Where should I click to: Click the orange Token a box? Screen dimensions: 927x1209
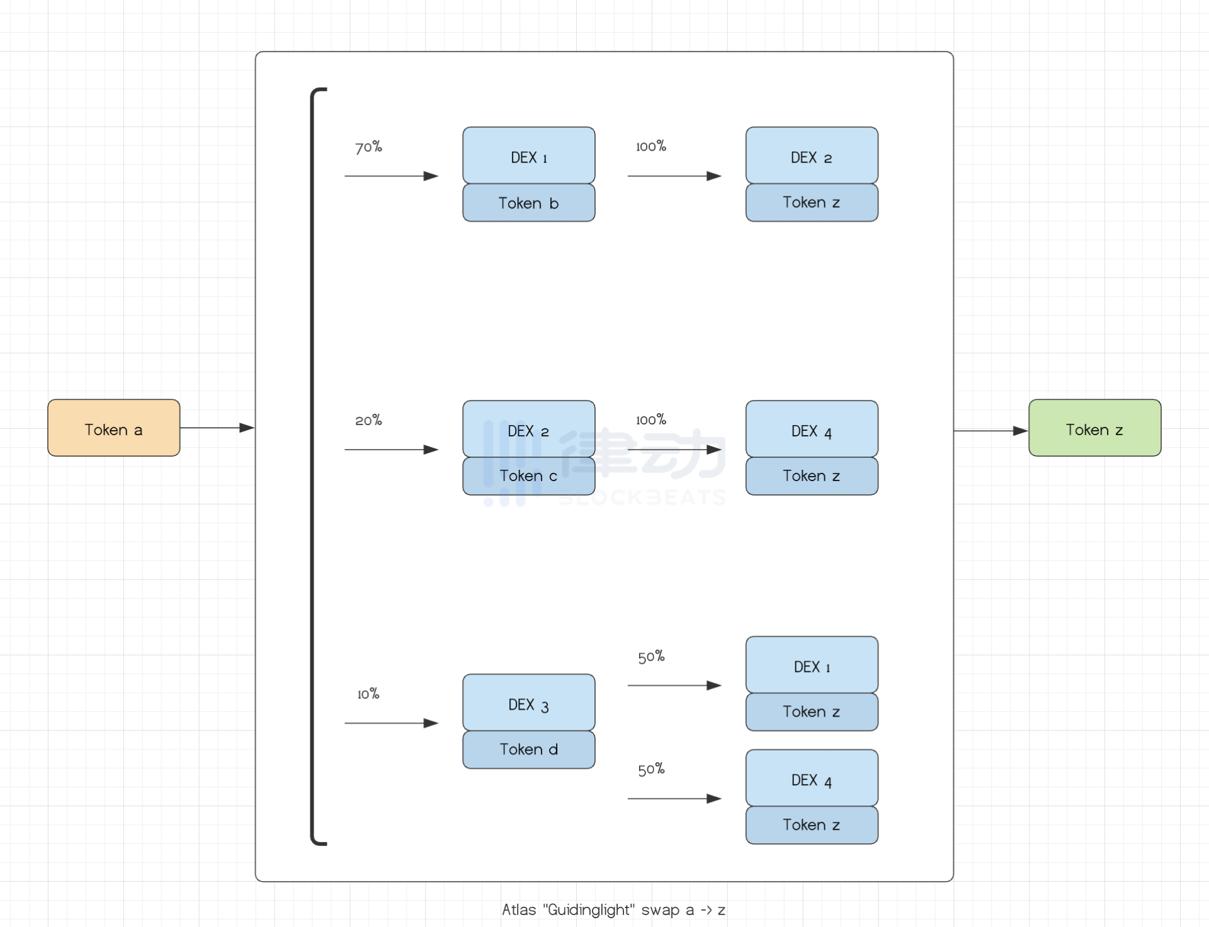pos(113,428)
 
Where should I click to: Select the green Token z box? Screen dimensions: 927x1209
pos(1094,428)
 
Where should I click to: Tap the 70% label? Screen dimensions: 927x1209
pos(368,147)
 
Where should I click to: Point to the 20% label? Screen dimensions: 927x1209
pos(368,420)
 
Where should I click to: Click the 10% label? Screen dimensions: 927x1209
pos(368,694)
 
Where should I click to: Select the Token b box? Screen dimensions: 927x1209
pos(528,203)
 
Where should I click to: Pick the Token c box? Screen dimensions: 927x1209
pos(528,476)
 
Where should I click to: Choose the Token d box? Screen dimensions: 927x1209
pos(528,749)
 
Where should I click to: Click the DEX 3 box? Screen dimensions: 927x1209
pos(528,703)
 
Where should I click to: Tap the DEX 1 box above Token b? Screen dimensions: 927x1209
pos(528,156)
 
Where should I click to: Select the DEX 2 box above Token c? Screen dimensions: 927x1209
pos(528,429)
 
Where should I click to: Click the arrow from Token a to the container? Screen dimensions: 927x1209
pos(217,428)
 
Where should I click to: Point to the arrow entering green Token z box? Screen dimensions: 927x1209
pos(990,431)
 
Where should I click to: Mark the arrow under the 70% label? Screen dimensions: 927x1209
pos(391,176)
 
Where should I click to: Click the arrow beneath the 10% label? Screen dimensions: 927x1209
pos(391,723)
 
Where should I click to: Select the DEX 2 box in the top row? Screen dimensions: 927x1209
pos(812,156)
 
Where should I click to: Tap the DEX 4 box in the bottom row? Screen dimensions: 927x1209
pos(812,778)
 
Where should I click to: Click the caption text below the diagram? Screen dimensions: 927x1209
pos(613,910)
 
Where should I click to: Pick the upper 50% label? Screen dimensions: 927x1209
pos(651,657)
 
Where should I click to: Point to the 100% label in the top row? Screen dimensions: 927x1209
pos(651,146)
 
